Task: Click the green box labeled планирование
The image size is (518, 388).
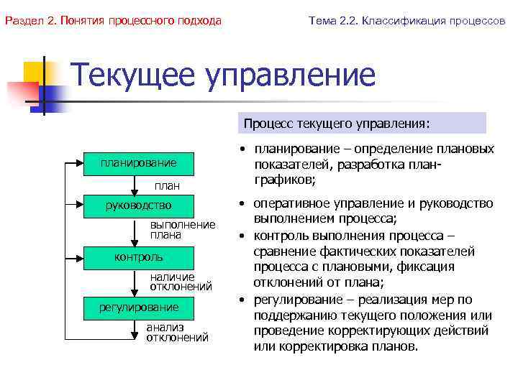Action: pos(139,164)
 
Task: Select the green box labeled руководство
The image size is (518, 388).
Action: pos(139,207)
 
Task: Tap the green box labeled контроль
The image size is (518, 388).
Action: pos(139,257)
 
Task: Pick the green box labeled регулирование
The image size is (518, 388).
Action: pos(139,308)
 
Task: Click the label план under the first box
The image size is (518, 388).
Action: pos(168,186)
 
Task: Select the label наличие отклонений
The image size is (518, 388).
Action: pos(181,281)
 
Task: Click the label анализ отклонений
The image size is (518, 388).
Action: pos(177,332)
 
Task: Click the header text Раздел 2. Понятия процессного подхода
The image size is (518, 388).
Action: pos(113,21)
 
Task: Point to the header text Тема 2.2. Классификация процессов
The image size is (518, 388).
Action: pos(406,21)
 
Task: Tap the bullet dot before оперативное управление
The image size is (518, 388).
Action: pos(245,204)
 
